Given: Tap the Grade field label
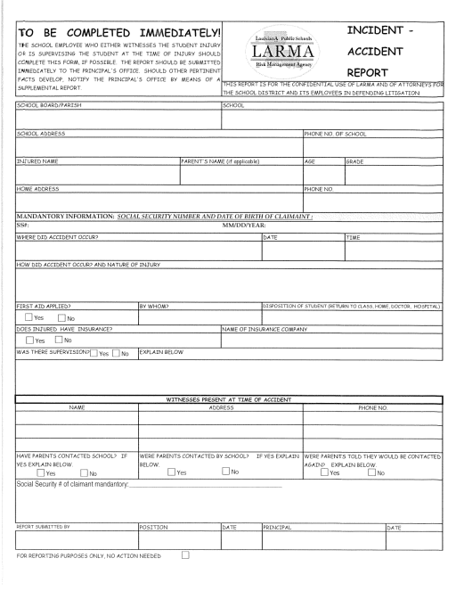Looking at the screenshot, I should tap(357, 161).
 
